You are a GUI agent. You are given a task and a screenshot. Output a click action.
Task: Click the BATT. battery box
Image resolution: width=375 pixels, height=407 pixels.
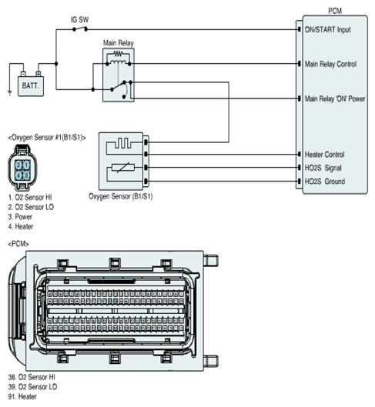click(31, 86)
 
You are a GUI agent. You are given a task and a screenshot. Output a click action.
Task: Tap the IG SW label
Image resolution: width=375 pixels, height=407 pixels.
click(80, 20)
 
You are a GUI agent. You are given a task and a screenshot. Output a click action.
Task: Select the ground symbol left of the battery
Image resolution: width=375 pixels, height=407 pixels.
click(9, 92)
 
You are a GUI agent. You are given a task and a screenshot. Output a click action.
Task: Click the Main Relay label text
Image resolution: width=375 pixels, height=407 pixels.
click(119, 43)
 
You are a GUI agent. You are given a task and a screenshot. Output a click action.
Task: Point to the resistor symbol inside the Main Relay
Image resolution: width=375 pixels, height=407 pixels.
click(118, 54)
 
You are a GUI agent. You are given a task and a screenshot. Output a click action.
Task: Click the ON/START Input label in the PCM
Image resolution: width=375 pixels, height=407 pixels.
click(328, 29)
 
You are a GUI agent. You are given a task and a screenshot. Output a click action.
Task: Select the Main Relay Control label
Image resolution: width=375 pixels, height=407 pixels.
click(330, 64)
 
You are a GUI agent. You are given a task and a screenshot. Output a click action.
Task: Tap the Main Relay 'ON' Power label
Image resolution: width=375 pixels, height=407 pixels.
click(335, 98)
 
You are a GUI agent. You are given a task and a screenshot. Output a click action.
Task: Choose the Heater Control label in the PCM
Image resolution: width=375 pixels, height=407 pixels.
click(325, 155)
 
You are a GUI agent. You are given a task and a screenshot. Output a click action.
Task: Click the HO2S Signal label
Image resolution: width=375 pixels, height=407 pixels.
click(323, 168)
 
